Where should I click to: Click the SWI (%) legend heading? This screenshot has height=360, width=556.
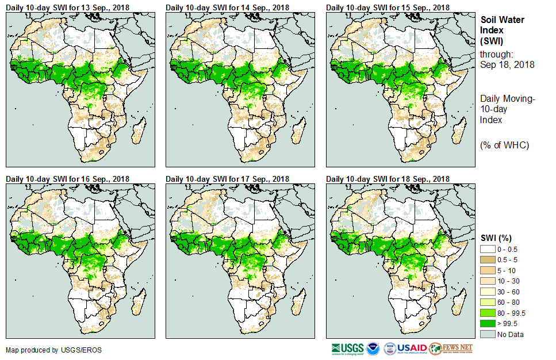pos(496,238)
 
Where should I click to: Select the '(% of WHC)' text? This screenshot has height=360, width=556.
pos(504,144)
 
